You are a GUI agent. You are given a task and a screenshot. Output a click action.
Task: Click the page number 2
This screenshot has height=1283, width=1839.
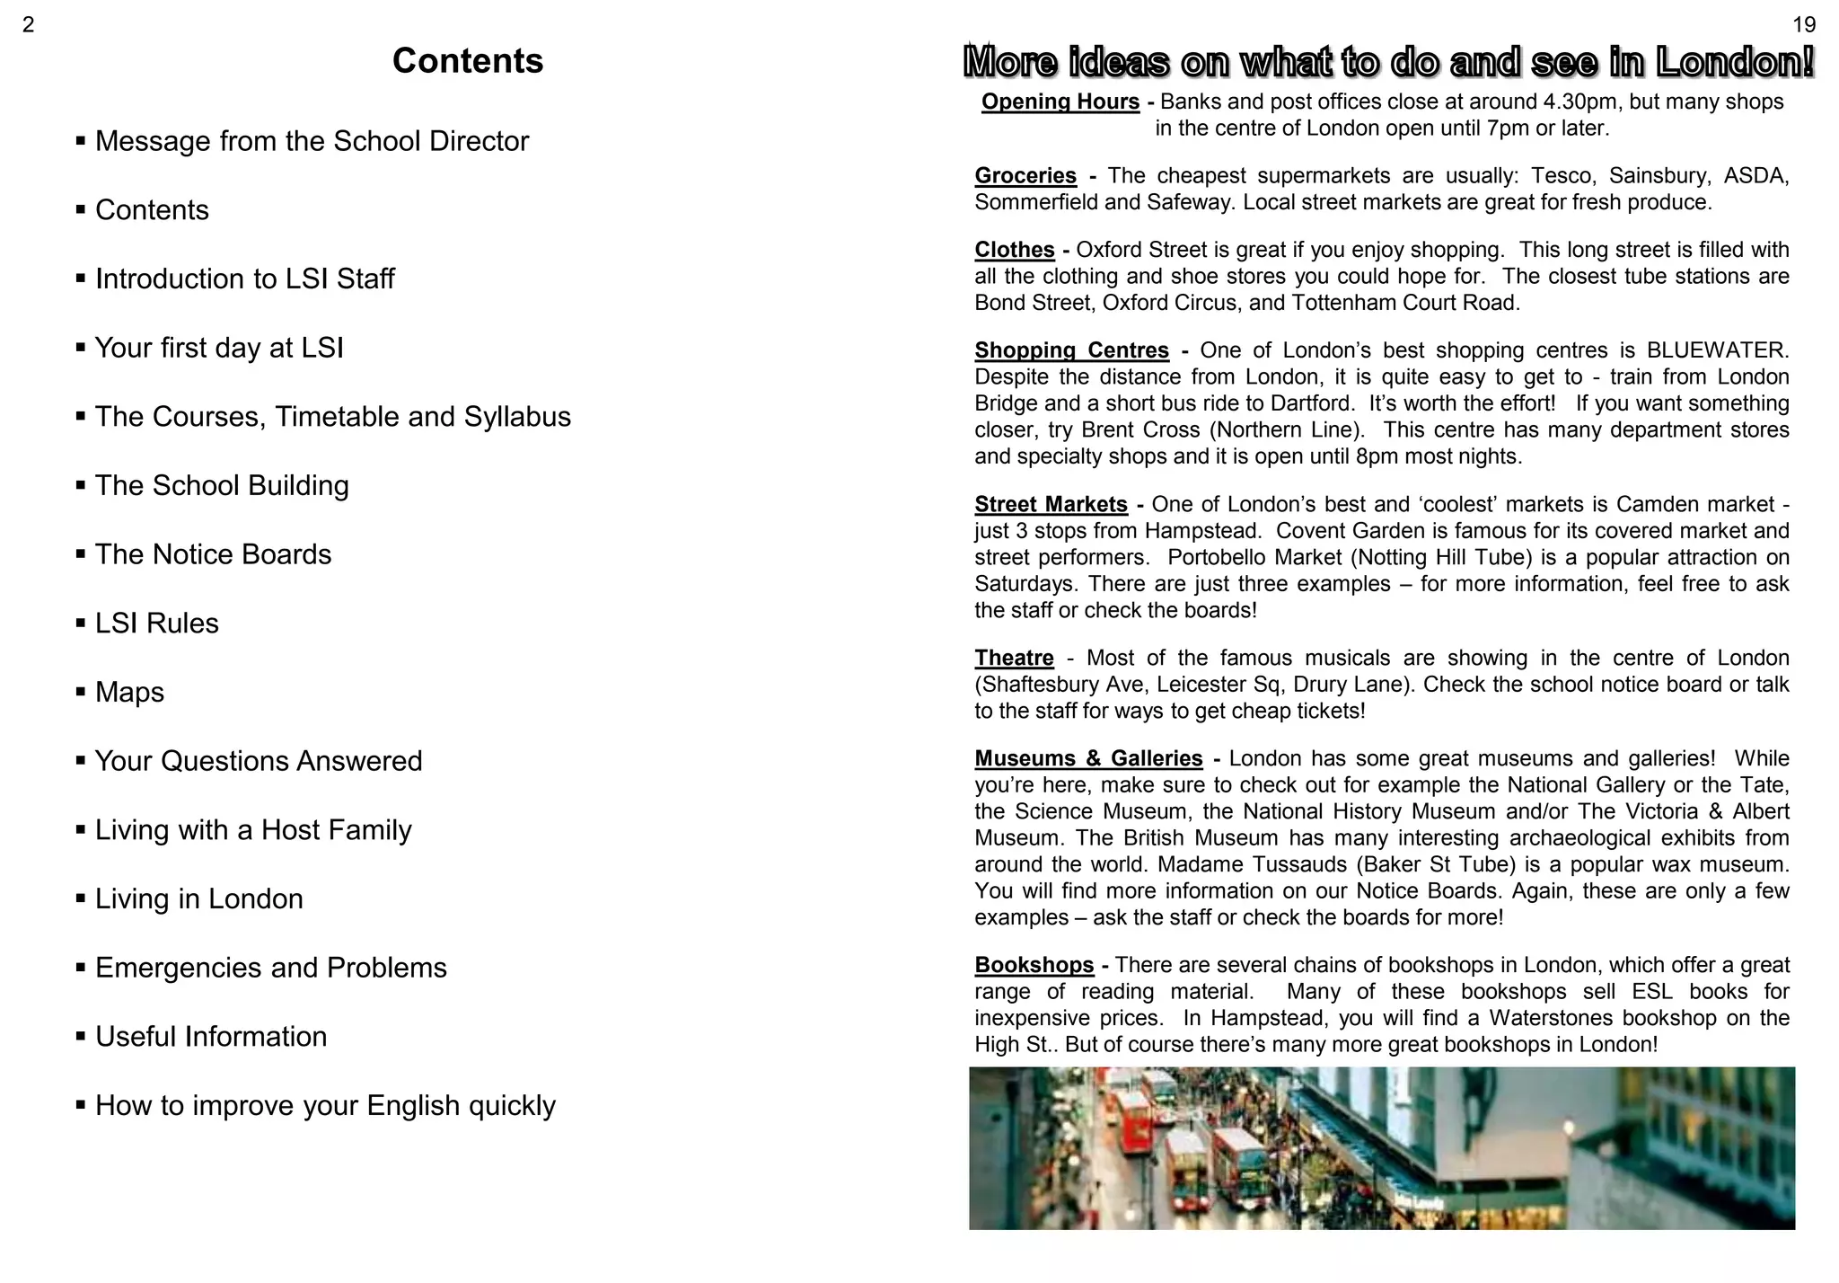(28, 25)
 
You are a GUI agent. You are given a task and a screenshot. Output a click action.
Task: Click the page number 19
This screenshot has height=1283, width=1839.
(1803, 25)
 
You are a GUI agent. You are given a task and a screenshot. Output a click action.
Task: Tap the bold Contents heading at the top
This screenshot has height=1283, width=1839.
(468, 61)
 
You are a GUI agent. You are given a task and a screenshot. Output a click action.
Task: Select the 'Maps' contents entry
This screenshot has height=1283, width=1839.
(129, 693)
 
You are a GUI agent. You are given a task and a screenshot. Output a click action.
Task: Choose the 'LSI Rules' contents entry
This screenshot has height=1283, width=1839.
(156, 624)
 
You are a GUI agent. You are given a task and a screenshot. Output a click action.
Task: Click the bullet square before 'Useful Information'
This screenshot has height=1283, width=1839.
(81, 1037)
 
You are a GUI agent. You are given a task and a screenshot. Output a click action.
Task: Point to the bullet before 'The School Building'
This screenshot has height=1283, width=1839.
(81, 486)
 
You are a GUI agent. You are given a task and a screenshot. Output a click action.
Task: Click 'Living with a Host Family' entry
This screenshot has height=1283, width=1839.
(253, 830)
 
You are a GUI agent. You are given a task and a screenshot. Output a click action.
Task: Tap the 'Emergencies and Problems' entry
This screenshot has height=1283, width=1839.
(270, 968)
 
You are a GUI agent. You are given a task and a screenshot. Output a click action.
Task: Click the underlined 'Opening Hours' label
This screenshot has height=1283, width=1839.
(1060, 102)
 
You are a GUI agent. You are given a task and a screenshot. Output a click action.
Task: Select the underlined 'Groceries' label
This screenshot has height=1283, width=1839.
(1025, 176)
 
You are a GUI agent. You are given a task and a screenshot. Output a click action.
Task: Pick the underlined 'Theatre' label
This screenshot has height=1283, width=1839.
(1014, 659)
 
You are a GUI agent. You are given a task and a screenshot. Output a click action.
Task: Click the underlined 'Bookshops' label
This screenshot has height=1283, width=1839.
(1034, 966)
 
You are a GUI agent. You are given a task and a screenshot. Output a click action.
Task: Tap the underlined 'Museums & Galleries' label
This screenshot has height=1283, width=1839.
(1088, 759)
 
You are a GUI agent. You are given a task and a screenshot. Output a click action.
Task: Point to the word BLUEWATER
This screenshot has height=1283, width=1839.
(1717, 350)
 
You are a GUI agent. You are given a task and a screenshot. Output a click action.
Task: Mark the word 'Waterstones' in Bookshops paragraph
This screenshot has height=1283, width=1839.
(1551, 1019)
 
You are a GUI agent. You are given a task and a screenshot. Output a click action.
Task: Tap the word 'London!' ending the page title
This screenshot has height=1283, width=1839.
(1735, 62)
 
